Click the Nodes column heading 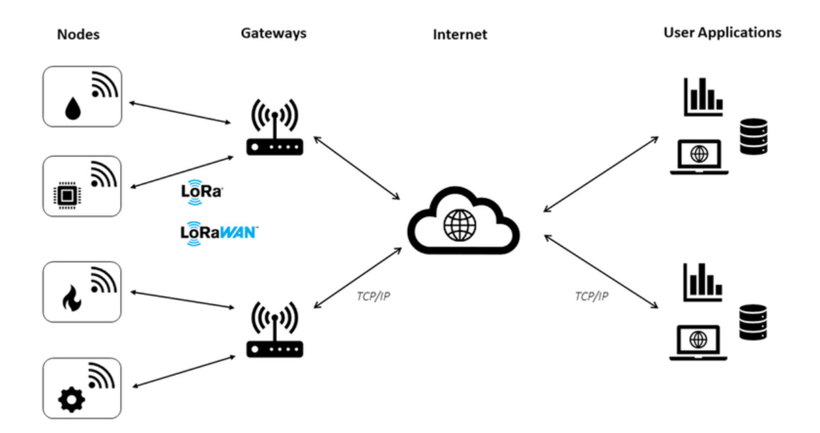[x=78, y=35]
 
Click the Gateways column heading [x=273, y=33]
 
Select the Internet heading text [x=460, y=35]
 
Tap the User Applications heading [x=722, y=33]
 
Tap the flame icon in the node [x=68, y=300]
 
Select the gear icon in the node [x=68, y=399]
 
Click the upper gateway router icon [x=274, y=128]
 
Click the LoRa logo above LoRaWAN [x=201, y=192]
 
